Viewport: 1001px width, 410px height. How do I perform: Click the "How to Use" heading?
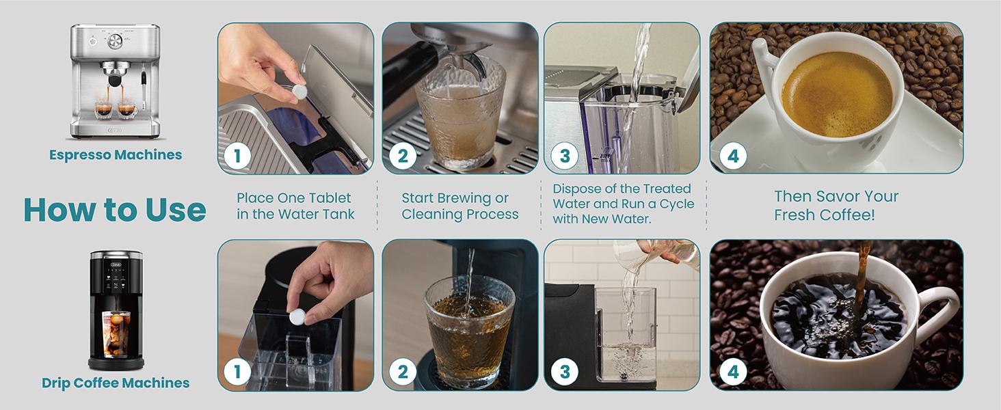pos(115,210)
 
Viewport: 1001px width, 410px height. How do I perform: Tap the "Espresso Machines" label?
pos(116,155)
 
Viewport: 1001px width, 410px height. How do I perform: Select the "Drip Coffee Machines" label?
pos(116,383)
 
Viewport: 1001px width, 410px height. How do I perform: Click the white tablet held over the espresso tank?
pos(299,92)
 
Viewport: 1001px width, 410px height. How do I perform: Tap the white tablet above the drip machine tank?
pos(297,316)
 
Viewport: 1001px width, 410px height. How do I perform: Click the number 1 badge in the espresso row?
pos(237,156)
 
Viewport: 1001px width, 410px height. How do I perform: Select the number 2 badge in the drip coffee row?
pos(402,372)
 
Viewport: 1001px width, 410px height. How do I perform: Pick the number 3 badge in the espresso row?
pos(564,156)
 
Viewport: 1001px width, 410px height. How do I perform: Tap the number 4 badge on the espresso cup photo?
pos(733,156)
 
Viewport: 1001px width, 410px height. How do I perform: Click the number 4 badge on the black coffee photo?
pos(733,372)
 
